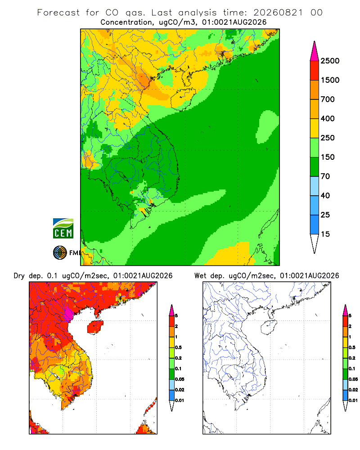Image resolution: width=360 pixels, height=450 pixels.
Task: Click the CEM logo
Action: (x=63, y=228)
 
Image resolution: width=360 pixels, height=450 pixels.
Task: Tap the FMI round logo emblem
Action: (x=60, y=253)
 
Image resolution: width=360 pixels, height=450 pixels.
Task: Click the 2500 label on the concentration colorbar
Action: (x=330, y=61)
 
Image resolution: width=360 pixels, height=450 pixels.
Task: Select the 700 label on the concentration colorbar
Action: (x=328, y=99)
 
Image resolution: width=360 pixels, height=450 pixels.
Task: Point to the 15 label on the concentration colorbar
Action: (x=325, y=234)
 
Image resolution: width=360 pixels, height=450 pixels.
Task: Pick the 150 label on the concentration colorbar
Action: (x=328, y=157)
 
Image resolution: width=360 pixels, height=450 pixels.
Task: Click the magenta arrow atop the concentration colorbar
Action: (x=315, y=51)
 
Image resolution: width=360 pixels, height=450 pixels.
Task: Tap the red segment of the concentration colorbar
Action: (x=315, y=71)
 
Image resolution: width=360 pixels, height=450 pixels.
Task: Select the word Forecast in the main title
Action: (x=58, y=13)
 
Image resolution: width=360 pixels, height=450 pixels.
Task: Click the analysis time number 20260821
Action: (x=278, y=13)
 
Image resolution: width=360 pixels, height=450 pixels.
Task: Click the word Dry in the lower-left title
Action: (x=19, y=276)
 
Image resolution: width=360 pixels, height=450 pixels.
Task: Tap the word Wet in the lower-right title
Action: (x=200, y=276)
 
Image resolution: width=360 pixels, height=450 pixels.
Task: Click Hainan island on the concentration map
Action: (x=183, y=99)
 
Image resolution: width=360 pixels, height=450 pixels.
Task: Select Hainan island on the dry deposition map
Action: (x=95, y=327)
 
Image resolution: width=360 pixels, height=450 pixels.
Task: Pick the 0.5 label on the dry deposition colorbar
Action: (x=178, y=347)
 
